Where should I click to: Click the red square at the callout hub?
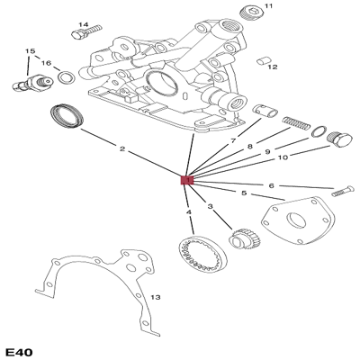(187, 181)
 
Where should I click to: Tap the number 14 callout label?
(84, 25)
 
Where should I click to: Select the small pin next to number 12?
(263, 60)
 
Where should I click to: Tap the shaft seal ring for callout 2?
(66, 114)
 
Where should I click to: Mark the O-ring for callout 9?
(319, 131)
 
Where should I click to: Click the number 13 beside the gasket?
(155, 296)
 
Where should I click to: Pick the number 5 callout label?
(243, 193)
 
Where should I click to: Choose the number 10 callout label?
(282, 157)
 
